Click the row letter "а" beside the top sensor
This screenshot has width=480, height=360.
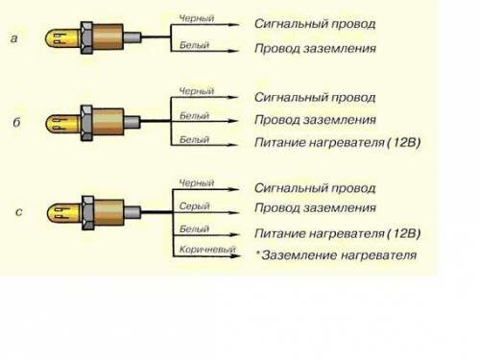coord(13,38)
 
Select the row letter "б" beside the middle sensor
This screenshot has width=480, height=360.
coord(16,122)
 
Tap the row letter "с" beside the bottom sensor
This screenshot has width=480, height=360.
coord(19,212)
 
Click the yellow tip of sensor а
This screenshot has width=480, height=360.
coord(62,38)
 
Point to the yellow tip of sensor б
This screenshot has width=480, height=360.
coord(63,124)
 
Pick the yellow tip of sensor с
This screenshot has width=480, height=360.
coord(64,213)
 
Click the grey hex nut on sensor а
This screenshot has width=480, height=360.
coord(86,37)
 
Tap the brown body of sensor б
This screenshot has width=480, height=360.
coord(108,122)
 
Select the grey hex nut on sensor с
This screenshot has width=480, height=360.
coord(87,213)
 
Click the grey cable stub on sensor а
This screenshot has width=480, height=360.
coord(132,37)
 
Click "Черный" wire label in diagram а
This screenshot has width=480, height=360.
coord(197,18)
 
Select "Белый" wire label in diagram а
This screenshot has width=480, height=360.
coord(194,45)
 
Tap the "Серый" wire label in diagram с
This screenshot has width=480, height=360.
coord(194,206)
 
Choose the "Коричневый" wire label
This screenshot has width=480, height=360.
coord(207,250)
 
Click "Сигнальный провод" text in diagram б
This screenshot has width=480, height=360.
coord(315,98)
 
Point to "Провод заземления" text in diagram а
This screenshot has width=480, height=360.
coord(315,49)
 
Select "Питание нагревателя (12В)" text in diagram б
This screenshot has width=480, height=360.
coord(337,142)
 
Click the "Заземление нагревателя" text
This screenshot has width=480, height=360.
coord(339,255)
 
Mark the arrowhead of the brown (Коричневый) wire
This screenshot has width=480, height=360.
coord(235,256)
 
